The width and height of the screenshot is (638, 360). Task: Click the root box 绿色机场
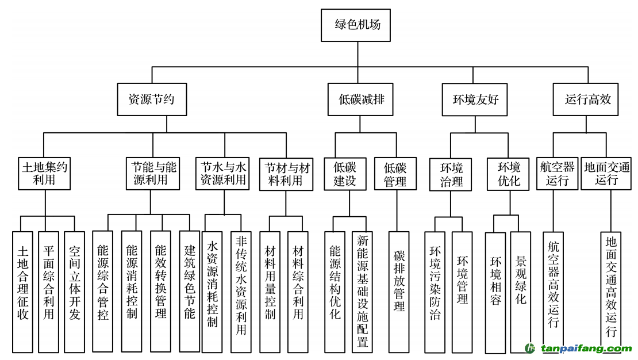[357, 25]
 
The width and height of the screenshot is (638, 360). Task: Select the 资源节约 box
[152, 99]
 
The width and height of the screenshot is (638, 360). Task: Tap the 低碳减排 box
[361, 99]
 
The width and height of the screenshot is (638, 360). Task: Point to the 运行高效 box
[587, 99]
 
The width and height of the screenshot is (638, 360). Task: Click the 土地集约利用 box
[44, 174]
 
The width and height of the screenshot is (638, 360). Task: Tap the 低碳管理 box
[395, 174]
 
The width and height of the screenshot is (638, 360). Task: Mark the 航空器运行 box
[558, 174]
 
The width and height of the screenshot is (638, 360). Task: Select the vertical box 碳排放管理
[399, 292]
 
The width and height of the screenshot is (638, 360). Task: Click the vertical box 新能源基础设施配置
[362, 292]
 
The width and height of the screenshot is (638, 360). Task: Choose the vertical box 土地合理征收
[23, 292]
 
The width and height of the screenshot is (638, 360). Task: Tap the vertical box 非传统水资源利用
[241, 292]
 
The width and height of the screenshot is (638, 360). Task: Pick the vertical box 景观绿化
[521, 292]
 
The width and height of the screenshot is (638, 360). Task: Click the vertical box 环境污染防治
[435, 292]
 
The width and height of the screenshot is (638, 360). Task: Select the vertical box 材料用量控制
[270, 292]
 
